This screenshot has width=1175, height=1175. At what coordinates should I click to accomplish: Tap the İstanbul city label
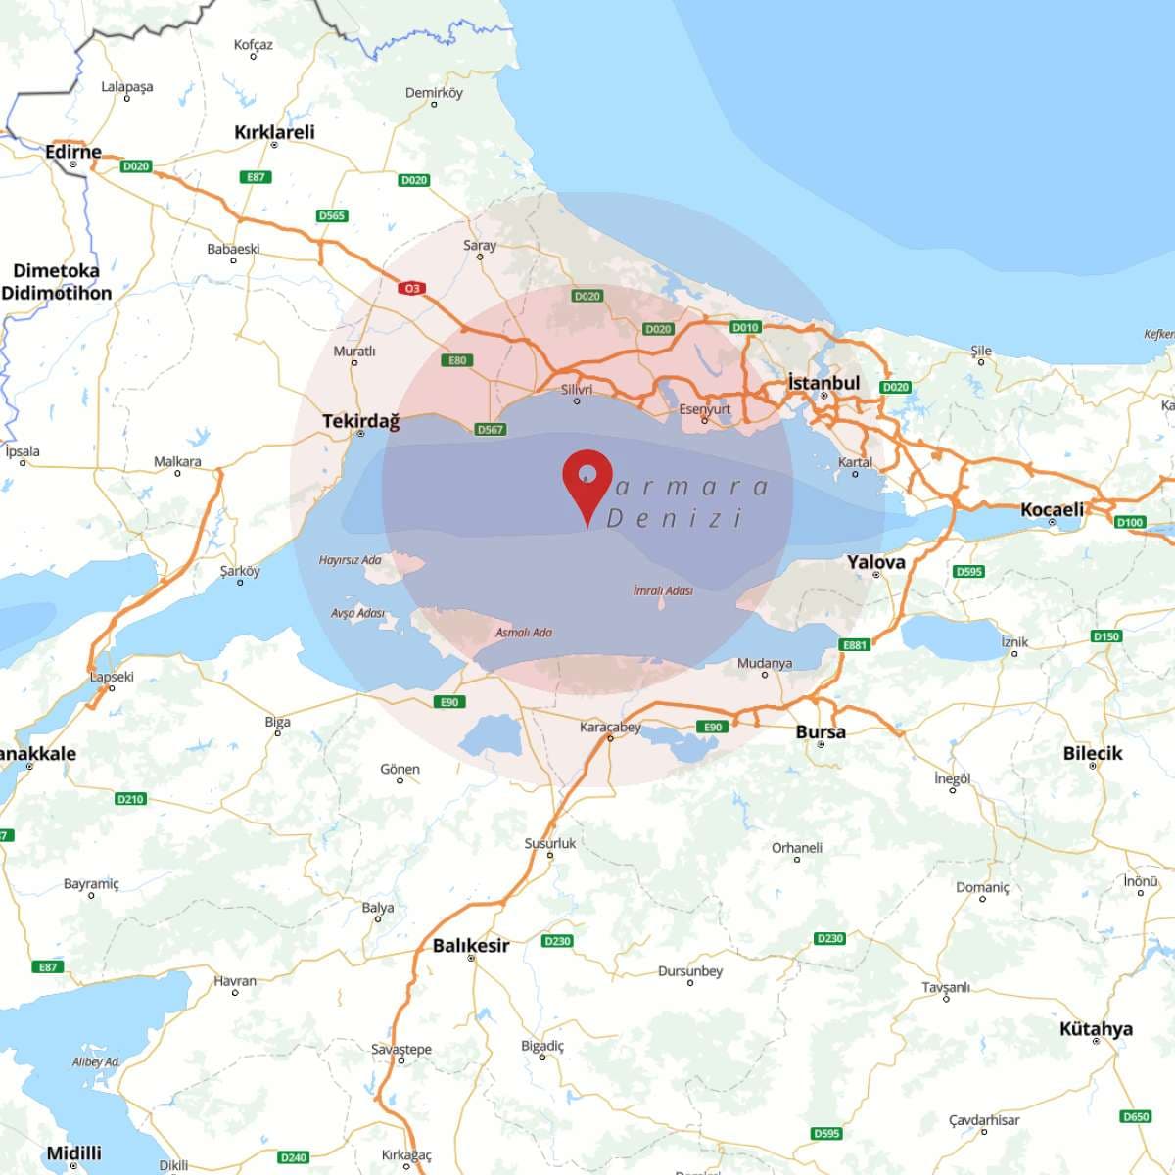823,383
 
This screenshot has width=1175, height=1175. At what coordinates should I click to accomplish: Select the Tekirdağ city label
360,421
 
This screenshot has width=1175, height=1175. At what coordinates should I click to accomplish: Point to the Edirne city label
73,152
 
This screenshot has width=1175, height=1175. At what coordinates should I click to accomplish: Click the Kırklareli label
274,132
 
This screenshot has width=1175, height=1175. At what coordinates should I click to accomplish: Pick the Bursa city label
821,731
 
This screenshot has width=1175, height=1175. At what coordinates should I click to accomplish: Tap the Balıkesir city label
471,945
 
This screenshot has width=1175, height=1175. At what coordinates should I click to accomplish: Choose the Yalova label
875,562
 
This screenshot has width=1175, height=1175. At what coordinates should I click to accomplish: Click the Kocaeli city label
1052,509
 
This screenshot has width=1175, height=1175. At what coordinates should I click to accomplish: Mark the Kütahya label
1096,1028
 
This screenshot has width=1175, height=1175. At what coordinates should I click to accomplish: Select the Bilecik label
1093,753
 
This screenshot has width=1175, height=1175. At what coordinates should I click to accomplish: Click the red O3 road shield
411,288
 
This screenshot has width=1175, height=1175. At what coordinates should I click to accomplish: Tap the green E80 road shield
457,360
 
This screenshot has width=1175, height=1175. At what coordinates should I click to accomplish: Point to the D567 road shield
490,429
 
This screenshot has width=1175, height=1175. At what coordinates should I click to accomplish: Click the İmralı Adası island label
663,590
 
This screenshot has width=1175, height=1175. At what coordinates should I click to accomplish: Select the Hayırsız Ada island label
350,560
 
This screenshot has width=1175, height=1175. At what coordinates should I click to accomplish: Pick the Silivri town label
577,390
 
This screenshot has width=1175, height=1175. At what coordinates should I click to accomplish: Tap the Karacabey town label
610,727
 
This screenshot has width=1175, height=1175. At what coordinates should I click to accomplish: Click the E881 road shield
855,645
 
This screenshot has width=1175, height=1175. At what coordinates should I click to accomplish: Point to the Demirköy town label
434,93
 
